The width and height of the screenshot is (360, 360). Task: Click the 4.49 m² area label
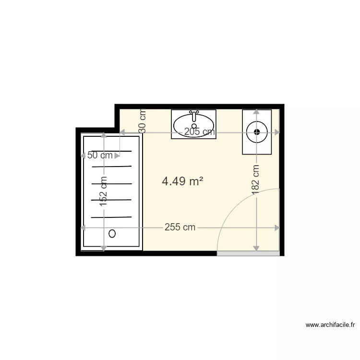coord(182,181)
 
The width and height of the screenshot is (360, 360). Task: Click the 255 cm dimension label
coord(180,228)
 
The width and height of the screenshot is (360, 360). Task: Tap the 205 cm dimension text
coord(200,132)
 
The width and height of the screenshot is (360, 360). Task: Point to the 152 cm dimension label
coord(103,191)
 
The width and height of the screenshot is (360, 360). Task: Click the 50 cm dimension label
coord(100,155)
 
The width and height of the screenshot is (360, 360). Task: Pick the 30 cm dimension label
coord(143,121)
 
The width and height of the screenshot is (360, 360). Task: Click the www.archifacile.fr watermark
coord(330,324)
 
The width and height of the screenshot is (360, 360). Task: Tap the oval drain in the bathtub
coord(112,234)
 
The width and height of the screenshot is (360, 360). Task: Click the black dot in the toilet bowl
coord(257,132)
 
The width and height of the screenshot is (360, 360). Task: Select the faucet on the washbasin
coord(194,116)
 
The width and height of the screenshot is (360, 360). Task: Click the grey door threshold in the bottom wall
coord(248,253)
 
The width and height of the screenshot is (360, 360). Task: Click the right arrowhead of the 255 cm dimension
coord(277,228)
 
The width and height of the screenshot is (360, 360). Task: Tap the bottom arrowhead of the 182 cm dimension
coord(256,248)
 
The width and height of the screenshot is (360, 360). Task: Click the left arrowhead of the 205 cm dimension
coord(122,132)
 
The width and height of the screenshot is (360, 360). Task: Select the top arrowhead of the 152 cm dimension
coord(104,135)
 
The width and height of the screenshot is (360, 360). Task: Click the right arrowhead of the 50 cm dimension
coord(117,156)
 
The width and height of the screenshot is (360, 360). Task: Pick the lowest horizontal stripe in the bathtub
coord(111,217)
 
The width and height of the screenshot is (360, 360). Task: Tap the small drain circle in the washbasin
coord(194,126)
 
